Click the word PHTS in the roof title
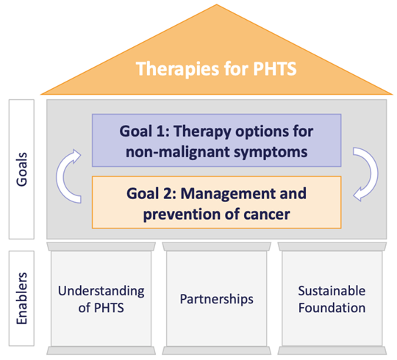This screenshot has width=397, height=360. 275,69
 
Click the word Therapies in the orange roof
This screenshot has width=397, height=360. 178,69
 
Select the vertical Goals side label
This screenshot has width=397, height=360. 21,169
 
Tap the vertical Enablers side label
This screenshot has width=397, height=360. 21,298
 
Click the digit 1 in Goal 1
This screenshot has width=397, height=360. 160,132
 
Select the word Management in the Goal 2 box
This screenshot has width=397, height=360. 228,194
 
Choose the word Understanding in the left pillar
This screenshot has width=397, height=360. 101,291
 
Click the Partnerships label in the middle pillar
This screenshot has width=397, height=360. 216,299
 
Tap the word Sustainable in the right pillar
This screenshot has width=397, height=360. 332,291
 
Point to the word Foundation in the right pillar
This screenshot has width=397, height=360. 332,308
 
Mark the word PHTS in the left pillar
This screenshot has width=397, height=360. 109,308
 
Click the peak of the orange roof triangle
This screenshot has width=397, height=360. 217,4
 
